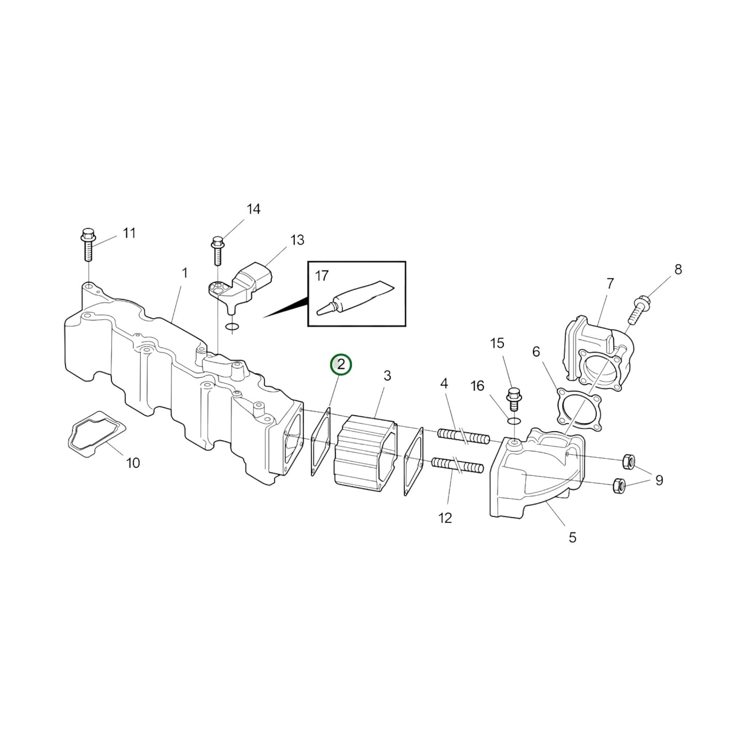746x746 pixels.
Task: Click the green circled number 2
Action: coord(341,365)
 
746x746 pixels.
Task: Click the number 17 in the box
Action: coord(321,276)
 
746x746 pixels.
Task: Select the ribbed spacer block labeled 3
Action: coord(366,450)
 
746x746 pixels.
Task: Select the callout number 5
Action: coord(572,537)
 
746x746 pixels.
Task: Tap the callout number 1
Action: coord(184,273)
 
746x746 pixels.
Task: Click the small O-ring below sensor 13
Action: coord(232,326)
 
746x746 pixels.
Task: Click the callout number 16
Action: coord(478,386)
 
